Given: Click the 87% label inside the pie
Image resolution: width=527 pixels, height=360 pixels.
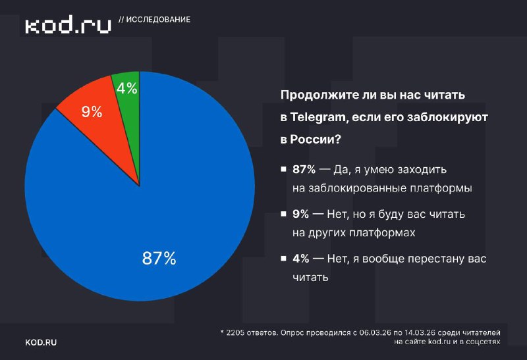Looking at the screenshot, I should [159, 259].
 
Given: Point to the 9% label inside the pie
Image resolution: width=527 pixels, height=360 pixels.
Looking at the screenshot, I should [92, 112].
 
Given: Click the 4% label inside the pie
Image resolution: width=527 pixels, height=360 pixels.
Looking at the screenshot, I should [127, 89].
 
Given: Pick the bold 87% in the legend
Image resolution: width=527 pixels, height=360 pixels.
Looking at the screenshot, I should [304, 170].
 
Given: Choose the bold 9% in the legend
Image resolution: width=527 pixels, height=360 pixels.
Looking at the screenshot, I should [300, 215].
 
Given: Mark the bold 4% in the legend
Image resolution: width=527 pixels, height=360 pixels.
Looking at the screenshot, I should [300, 259].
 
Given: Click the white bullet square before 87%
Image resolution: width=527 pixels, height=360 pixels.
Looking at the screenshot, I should [283, 170].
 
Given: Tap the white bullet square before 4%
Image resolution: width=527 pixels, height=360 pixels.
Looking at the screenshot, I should [283, 259].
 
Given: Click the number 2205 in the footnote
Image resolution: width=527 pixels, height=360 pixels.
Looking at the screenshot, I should [237, 333].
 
